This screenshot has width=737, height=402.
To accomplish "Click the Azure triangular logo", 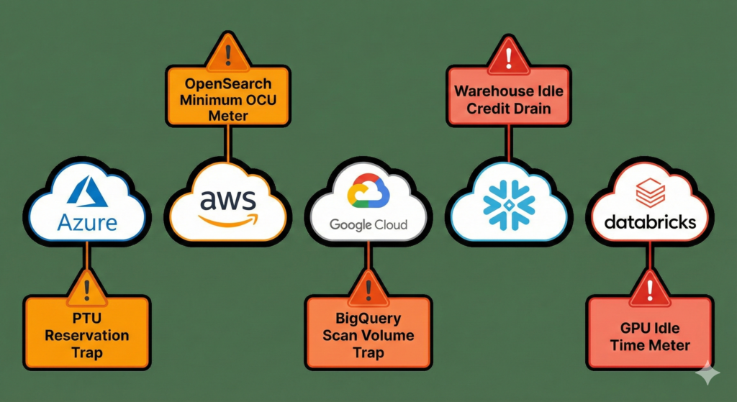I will click(86, 192).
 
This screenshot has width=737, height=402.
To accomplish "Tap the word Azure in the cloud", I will click(86, 222).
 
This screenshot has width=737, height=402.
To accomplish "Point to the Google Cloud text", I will click(368, 225).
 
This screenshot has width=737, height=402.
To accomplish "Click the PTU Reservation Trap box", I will click(86, 334).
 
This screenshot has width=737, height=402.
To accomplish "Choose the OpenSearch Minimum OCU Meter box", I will click(227, 95).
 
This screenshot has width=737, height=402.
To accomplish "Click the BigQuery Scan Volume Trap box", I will click(368, 335).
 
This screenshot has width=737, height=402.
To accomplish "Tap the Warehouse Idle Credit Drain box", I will click(509, 100).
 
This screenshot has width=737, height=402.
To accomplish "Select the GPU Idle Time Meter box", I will click(650, 336).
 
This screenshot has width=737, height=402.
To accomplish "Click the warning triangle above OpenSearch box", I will click(227, 52).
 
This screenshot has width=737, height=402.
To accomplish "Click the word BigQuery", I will click(368, 318).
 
